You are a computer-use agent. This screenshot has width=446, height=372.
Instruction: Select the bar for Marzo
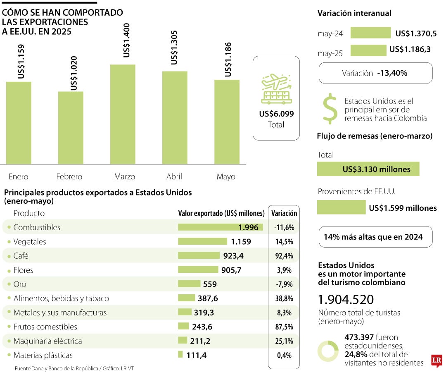point(123,114)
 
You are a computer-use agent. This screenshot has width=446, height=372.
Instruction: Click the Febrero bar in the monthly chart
point(71,128)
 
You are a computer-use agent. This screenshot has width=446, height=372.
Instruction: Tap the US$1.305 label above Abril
point(174,47)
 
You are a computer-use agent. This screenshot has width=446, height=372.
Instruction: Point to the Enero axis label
point(18,176)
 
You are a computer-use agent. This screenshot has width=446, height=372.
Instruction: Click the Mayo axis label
point(226,176)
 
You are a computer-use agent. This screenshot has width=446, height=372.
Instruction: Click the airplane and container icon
point(276,89)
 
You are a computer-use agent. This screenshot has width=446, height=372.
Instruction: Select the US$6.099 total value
point(276,114)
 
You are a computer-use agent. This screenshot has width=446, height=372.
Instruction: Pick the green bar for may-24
point(370,33)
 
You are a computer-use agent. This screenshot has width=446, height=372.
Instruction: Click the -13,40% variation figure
point(392,73)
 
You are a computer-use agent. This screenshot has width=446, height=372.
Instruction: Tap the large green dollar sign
point(330,109)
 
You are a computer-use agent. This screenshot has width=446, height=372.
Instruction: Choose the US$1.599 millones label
point(403,208)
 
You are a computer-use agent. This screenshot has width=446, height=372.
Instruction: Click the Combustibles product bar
point(220,227)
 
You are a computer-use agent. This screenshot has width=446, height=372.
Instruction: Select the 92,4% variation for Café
point(284,256)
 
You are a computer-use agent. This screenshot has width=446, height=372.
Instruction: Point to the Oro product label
point(20,284)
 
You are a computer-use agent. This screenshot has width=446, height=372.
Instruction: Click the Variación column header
point(284,213)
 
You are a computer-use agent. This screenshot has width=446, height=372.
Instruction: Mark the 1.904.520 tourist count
point(346,300)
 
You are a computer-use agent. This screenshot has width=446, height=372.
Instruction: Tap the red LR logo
point(437,360)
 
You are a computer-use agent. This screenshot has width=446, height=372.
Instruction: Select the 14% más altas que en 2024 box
point(375,237)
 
